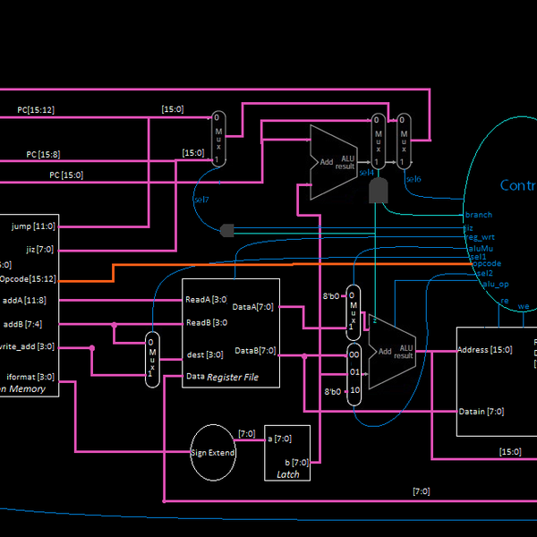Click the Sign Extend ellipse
point(213,452)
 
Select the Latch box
point(287,453)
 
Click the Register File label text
point(233,378)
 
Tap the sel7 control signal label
point(201,199)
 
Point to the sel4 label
point(368,173)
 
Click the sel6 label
point(413,179)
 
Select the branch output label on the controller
point(478,215)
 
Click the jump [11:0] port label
point(33,226)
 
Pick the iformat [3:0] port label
point(30,377)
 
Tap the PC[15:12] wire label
point(36,110)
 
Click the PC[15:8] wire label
point(42,154)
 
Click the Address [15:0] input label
point(484,350)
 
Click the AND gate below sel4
point(379,189)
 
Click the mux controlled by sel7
point(218,139)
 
